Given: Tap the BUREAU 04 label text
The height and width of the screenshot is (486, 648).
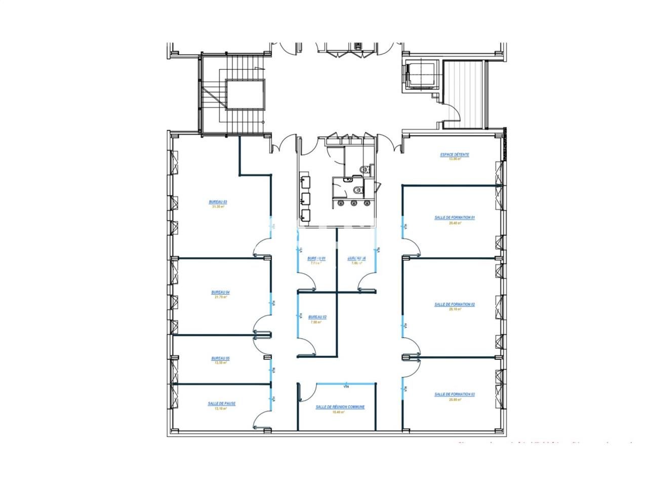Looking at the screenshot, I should (x=220, y=292).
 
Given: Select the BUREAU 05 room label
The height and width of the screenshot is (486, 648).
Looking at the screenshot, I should (x=220, y=358).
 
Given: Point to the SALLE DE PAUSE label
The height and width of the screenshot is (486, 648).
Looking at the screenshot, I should (x=221, y=403).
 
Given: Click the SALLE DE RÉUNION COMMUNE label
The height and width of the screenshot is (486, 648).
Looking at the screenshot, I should (x=340, y=407).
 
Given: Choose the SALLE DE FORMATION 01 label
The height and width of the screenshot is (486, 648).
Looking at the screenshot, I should (x=454, y=218).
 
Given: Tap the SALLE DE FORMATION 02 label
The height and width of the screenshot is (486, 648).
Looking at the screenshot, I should (x=454, y=305).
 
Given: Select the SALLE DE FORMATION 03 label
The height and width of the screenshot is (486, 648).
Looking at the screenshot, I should (x=454, y=394).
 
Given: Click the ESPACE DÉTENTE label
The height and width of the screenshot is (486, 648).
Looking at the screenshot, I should (x=454, y=155).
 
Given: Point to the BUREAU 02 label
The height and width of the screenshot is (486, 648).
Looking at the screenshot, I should (x=317, y=317).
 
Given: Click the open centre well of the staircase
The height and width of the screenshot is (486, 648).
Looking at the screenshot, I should (x=246, y=94).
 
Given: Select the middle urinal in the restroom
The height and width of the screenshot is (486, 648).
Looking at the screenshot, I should (x=353, y=204).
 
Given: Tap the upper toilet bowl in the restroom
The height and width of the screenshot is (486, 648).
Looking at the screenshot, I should (x=365, y=169).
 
